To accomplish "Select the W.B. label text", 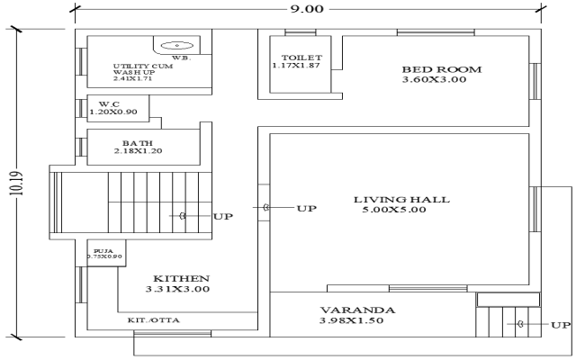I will [181, 58].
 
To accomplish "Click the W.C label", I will [109, 104].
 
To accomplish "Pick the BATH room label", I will [138, 142].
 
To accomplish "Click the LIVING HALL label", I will [401, 199].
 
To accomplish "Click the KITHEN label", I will [180, 279].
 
